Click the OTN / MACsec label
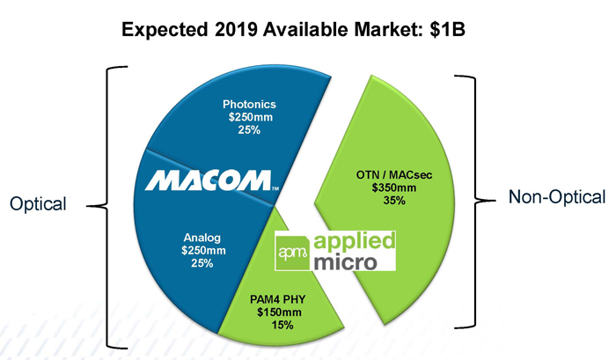pos(394,173)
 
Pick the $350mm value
pos(394,187)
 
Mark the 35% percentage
pos(394,201)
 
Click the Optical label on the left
pos(37,204)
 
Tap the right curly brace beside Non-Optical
pos(480,197)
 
